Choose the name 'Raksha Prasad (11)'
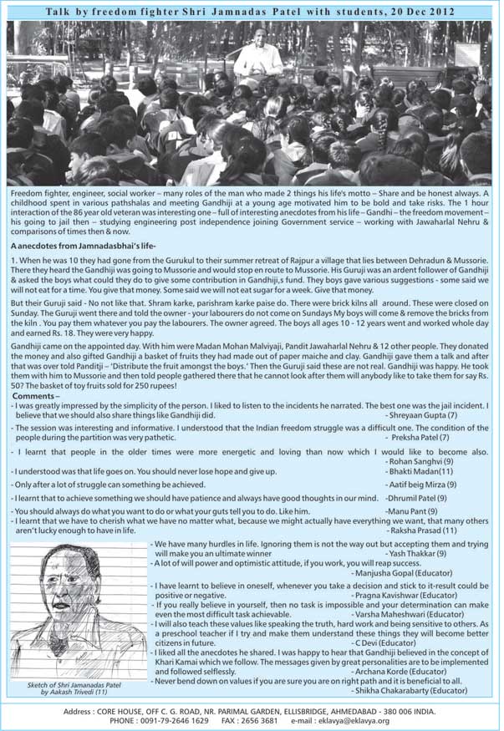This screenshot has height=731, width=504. pyautogui.click(x=422, y=530)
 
